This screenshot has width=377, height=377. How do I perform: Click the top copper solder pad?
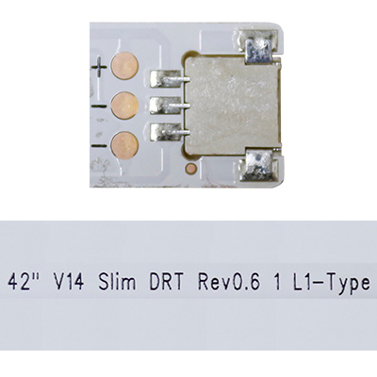point(125,66)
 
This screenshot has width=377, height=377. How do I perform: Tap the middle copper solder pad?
point(124,106)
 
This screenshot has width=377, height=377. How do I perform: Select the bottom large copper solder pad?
point(124,145)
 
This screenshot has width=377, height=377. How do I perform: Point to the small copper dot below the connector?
point(191,169)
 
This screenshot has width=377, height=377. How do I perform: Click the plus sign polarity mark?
point(99,67)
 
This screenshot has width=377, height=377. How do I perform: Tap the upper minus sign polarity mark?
point(99,107)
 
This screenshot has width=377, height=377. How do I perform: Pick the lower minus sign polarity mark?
point(99,146)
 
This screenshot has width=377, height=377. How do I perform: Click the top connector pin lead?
point(170,78)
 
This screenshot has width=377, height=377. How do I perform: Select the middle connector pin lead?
point(170,106)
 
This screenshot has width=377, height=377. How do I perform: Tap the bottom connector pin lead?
point(170,132)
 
